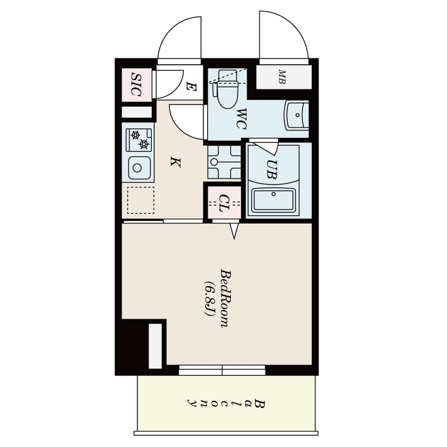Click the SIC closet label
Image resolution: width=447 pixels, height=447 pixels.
[x=136, y=84]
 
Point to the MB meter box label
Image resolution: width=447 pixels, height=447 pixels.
[x=282, y=77]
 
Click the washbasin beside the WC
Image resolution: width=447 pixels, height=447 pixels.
[x=296, y=116]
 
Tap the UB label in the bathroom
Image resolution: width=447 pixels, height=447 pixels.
[x=271, y=169]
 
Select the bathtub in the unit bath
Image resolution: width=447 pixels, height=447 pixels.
[x=274, y=199]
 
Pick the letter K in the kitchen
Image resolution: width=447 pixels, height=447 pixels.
[x=175, y=163]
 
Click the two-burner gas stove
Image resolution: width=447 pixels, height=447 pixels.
[x=138, y=140]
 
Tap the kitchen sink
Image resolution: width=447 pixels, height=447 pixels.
[x=137, y=167]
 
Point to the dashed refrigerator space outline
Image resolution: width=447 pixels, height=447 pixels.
[x=140, y=200]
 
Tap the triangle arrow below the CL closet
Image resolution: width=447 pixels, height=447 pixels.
[x=234, y=230]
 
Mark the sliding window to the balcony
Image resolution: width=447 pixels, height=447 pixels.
[x=222, y=370]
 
